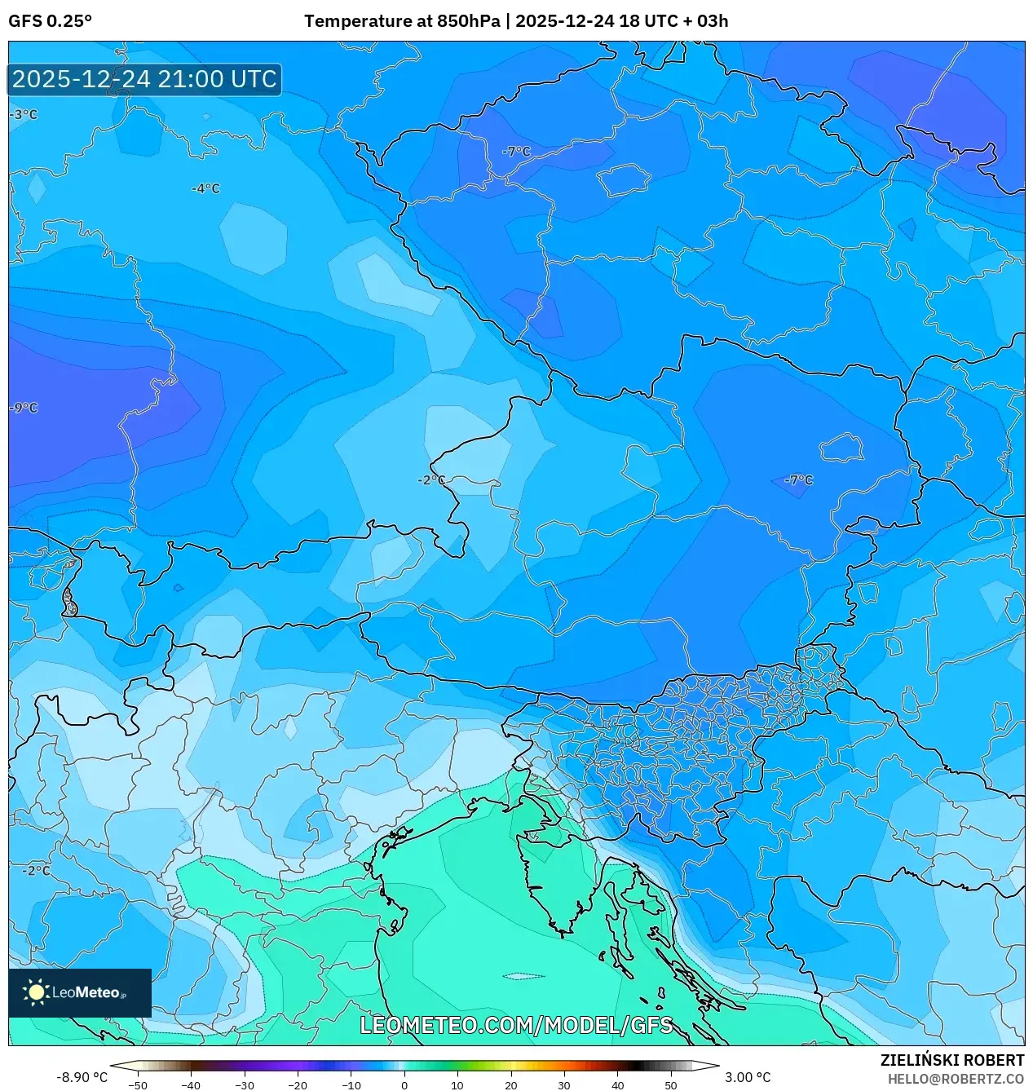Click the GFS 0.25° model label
click(x=50, y=21)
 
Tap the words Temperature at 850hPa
click(x=402, y=21)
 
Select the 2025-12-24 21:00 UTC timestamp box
click(x=144, y=79)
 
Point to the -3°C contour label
click(x=24, y=115)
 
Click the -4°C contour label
click(x=205, y=188)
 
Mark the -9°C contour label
click(x=24, y=408)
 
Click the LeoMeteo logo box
click(x=80, y=992)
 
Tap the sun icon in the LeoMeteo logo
click(x=36, y=992)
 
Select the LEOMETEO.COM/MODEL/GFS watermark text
click(x=516, y=1025)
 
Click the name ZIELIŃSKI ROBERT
click(x=951, y=1060)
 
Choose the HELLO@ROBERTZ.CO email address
click(x=956, y=1079)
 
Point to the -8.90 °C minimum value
click(x=82, y=1077)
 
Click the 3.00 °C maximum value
click(x=748, y=1077)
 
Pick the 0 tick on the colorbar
click(x=404, y=1084)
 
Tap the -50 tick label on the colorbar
click(x=138, y=1084)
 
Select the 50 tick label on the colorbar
click(x=671, y=1084)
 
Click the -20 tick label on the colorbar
click(x=298, y=1084)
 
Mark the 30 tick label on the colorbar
click(x=564, y=1084)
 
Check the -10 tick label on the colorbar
click(x=351, y=1084)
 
